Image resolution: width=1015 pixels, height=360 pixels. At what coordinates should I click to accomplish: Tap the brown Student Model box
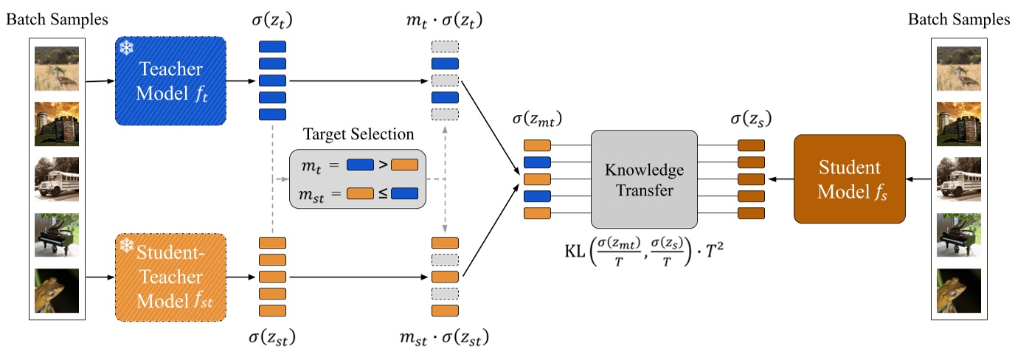pos(849,179)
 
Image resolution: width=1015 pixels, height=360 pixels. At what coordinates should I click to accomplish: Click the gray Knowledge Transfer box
pos(644,179)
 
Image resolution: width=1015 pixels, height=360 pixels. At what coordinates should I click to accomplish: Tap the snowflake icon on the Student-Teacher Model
pos(125,244)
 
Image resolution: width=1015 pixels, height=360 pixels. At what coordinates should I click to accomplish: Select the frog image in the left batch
pos(57,290)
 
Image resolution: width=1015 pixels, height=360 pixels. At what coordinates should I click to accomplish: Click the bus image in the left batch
pos(57,179)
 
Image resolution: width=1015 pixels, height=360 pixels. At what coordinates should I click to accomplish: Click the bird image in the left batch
pos(57,68)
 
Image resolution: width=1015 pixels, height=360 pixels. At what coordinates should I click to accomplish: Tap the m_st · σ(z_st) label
pos(444,339)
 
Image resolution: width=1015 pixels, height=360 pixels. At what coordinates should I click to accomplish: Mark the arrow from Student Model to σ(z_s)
pos(780,179)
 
